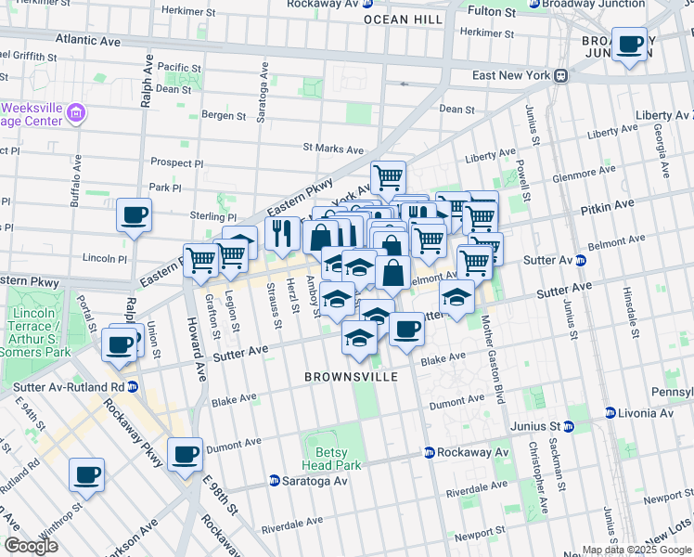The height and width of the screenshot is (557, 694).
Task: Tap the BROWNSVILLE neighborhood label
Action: click(x=352, y=377)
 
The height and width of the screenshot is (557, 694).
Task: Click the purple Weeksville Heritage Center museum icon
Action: click(x=77, y=114)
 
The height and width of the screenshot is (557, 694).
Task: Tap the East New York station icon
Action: click(x=560, y=75)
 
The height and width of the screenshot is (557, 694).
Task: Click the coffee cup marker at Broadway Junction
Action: click(x=630, y=45)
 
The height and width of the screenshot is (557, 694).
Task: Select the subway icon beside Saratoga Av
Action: click(x=275, y=481)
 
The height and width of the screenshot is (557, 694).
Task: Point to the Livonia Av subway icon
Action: click(x=610, y=412)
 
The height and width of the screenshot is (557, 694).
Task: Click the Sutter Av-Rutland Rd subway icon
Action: click(x=133, y=386)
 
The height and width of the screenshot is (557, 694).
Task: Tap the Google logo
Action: click(x=31, y=546)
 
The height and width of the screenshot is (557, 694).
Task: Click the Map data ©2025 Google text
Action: click(x=636, y=550)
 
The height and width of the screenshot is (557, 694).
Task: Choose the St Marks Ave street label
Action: click(x=333, y=149)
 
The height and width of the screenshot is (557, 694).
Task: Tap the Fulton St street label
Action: click(x=491, y=12)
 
